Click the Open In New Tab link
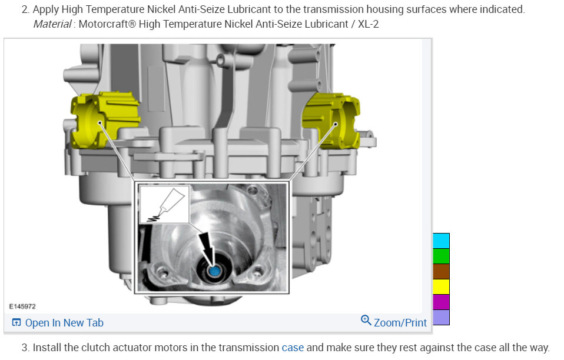58,322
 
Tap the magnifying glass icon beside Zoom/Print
366,320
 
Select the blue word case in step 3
293,348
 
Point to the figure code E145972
22,306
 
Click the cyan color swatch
441,241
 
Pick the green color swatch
441,256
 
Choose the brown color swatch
441,272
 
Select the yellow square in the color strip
441,286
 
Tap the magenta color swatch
441,302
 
